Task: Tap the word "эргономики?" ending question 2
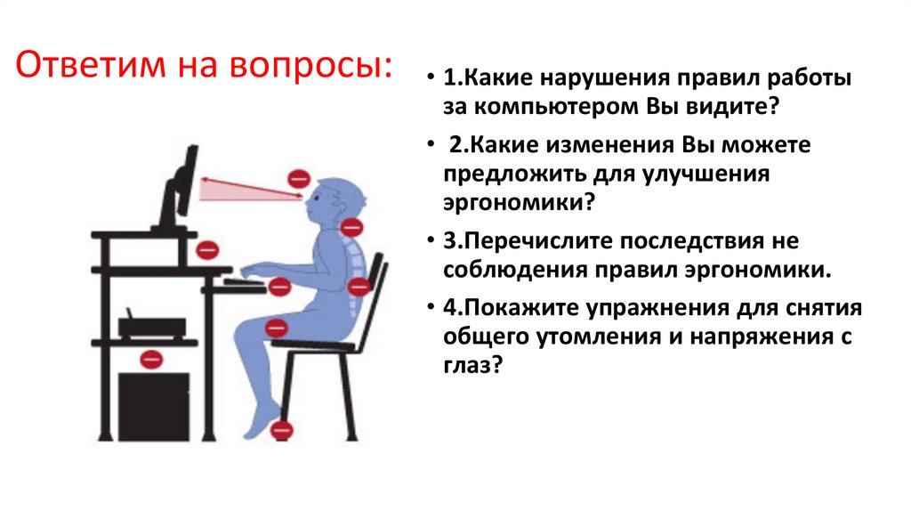519,202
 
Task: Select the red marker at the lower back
359,287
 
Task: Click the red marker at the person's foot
282,429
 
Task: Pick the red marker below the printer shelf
152,360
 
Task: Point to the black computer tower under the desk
153,406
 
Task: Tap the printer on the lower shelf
152,326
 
